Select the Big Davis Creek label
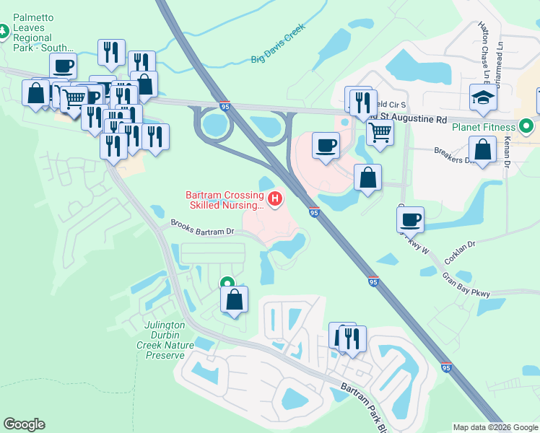pyautogui.click(x=278, y=45)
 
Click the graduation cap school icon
pyautogui.click(x=483, y=98)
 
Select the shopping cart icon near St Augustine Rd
pyautogui.click(x=380, y=131)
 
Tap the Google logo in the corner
pyautogui.click(x=24, y=424)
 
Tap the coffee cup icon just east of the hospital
pyautogui.click(x=325, y=144)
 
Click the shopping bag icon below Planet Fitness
pyautogui.click(x=482, y=149)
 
